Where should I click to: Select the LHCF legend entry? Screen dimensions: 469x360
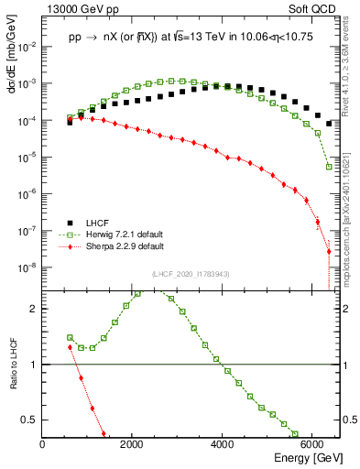97,223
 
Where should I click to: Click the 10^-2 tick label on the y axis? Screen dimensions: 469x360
27,46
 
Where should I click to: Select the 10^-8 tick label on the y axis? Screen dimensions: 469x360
27,267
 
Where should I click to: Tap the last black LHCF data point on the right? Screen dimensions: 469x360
329,123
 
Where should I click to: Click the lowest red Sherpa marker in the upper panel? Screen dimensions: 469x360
329,251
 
